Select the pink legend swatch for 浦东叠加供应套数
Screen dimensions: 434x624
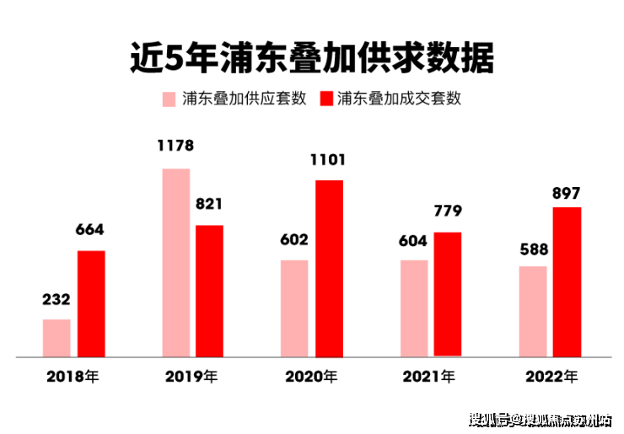tap(169, 99)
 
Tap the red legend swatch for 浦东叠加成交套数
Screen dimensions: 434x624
tap(325, 99)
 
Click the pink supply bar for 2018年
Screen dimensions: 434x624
tap(56, 338)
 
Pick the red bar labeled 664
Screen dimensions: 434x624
tap(91, 303)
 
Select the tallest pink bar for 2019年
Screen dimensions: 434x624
tap(175, 262)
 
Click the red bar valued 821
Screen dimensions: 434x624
tap(209, 291)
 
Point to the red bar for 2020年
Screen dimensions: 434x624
tap(329, 268)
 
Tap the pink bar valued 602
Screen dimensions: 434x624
tap(294, 308)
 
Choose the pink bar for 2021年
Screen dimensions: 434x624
tap(414, 308)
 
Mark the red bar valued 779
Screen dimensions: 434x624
tap(448, 294)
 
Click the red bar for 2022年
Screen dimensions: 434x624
tap(568, 281)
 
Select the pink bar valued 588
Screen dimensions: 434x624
tap(533, 311)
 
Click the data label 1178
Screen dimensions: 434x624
tap(175, 146)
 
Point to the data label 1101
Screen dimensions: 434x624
tap(329, 158)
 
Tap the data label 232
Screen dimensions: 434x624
tap(56, 299)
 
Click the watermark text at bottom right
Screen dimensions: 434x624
tap(541, 419)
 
